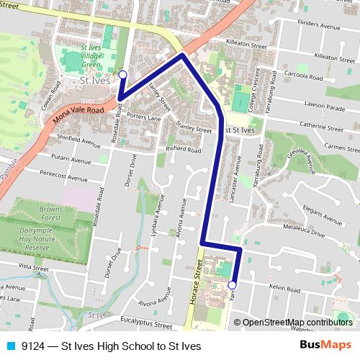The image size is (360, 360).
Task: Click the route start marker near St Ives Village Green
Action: [122, 74]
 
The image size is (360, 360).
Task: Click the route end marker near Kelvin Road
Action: [232, 285]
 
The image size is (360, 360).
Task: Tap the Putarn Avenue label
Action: [69, 156]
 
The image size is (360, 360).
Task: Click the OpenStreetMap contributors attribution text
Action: [297, 322]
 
